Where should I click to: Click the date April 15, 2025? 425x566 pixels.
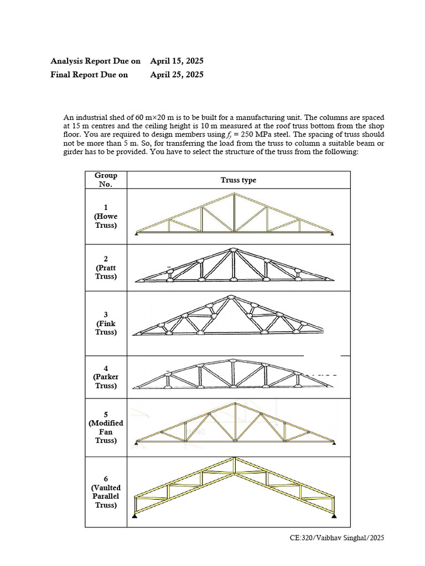177,61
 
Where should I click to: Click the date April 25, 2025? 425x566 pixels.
177,74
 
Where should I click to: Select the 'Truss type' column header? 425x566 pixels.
239,180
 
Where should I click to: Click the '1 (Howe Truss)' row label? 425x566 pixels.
106,216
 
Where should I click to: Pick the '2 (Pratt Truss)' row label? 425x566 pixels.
106,268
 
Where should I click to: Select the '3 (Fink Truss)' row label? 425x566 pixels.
106,323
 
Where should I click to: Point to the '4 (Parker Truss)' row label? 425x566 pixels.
106,377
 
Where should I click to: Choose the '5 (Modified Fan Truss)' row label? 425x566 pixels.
106,427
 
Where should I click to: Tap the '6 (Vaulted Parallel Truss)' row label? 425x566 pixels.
106,492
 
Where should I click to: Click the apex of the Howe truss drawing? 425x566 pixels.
234,194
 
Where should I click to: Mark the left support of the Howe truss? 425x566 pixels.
136,234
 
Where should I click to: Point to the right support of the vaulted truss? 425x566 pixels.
335,516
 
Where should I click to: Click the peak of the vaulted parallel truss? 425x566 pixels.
235,459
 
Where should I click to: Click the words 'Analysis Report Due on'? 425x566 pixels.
95,61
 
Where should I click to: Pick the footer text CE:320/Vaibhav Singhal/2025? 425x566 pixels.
336,537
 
